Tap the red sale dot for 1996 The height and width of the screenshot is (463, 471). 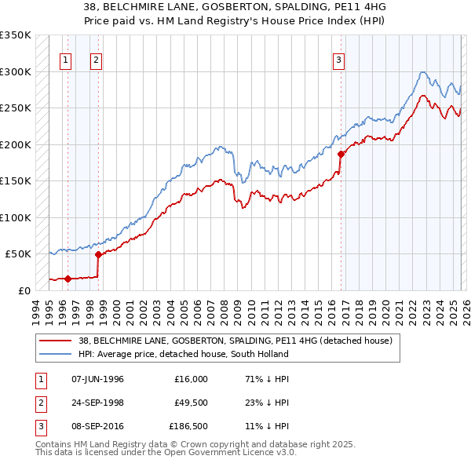(x=68, y=279)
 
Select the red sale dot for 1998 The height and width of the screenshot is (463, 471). (x=98, y=254)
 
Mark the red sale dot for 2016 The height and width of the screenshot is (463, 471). (x=341, y=154)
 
